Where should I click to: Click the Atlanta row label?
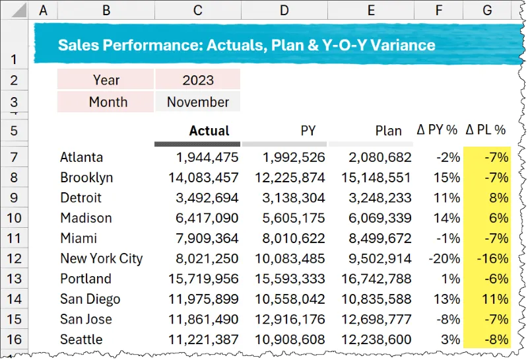[x=82, y=157]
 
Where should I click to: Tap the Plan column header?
[x=388, y=131]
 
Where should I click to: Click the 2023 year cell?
[x=198, y=80]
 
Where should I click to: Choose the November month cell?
[x=198, y=102]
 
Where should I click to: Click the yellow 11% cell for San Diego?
[x=494, y=299]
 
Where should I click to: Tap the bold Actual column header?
[x=209, y=131]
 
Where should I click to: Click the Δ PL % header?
[x=486, y=131]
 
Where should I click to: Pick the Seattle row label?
[x=81, y=340]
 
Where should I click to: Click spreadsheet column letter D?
[x=284, y=10]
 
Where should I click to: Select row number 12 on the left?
[x=15, y=259]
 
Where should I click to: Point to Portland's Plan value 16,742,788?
[x=374, y=279]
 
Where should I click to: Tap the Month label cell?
[x=108, y=102]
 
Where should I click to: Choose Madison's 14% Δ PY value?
[x=447, y=218]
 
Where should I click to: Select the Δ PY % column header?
[x=437, y=131]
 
